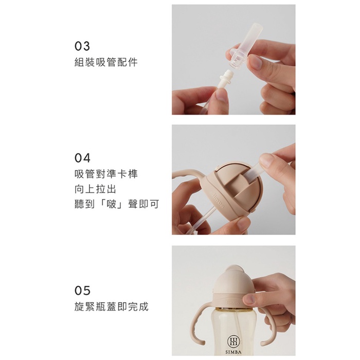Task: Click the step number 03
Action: pos(82,46)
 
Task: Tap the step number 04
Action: pos(82,158)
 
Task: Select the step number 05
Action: pos(82,291)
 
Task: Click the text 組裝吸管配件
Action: pos(106,62)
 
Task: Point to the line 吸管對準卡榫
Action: pos(106,174)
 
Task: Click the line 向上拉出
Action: pos(95,189)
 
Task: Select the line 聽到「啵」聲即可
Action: pos(117,204)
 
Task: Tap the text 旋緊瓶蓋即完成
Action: pos(112,307)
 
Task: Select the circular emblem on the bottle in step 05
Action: pos(233,341)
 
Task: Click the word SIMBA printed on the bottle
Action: pos(233,352)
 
